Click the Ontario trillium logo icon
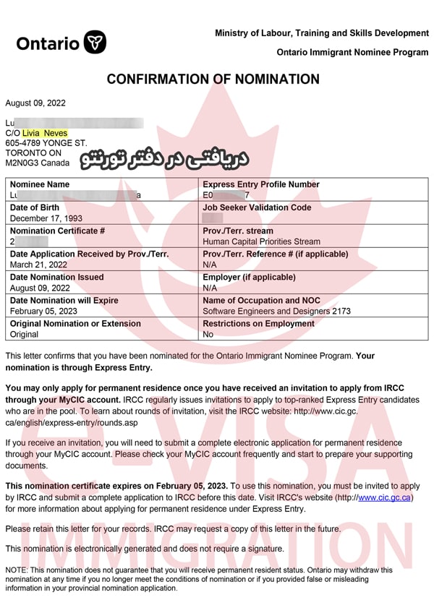coord(95,42)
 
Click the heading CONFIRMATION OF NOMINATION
coord(213,80)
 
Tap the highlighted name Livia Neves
coord(45,133)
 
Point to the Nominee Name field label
coord(40,184)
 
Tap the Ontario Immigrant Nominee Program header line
coord(352,53)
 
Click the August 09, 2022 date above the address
coord(35,103)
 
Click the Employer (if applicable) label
coord(249,277)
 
